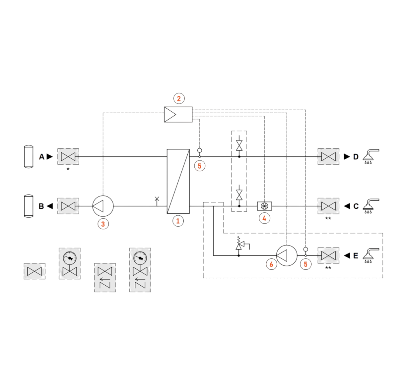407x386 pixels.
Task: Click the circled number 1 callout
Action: (x=178, y=221)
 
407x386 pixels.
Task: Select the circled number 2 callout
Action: (x=179, y=98)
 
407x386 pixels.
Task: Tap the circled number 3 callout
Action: (x=103, y=224)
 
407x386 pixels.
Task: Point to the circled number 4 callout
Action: (x=264, y=218)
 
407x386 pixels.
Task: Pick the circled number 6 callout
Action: (x=271, y=264)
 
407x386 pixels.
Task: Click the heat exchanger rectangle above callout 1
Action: (x=178, y=181)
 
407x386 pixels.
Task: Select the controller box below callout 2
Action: (x=178, y=114)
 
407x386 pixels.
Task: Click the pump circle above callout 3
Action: (x=103, y=206)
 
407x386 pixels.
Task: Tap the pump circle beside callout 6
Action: (x=287, y=255)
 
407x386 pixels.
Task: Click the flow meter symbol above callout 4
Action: (x=264, y=206)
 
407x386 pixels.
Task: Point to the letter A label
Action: (x=41, y=157)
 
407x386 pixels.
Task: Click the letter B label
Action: (x=41, y=206)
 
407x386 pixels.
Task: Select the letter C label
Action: (x=356, y=206)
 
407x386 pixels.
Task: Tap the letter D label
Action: (x=356, y=157)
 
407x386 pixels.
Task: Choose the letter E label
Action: (x=356, y=255)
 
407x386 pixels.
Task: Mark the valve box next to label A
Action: (x=68, y=157)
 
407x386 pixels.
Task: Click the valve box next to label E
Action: (x=328, y=255)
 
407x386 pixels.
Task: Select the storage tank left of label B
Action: (x=29, y=206)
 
